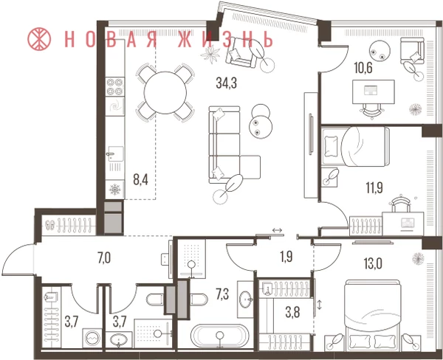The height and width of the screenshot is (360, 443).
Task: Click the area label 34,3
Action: (x=227, y=83)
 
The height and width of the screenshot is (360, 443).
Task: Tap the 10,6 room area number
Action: (x=363, y=68)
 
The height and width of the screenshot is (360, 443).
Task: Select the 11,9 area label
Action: (x=374, y=188)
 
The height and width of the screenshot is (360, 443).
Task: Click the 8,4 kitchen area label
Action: (x=141, y=179)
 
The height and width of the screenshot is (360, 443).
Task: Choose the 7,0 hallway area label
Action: (x=104, y=258)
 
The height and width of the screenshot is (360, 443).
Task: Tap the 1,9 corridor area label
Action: (x=286, y=257)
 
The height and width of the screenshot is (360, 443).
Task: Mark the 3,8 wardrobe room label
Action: (x=292, y=313)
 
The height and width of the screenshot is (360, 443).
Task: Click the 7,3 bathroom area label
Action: (x=222, y=294)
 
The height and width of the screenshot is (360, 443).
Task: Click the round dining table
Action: (x=165, y=93)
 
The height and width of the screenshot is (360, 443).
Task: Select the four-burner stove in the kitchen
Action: (x=115, y=86)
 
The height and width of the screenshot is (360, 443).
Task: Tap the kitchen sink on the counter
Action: (x=116, y=154)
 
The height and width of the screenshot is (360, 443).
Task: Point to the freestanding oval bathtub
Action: (x=220, y=336)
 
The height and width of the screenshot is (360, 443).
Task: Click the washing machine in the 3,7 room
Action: (x=92, y=338)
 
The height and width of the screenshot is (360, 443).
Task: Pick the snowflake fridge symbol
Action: (x=115, y=190)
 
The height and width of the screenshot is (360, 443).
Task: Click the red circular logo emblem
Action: (x=39, y=38)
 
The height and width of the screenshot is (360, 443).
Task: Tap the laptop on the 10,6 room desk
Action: (x=370, y=91)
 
